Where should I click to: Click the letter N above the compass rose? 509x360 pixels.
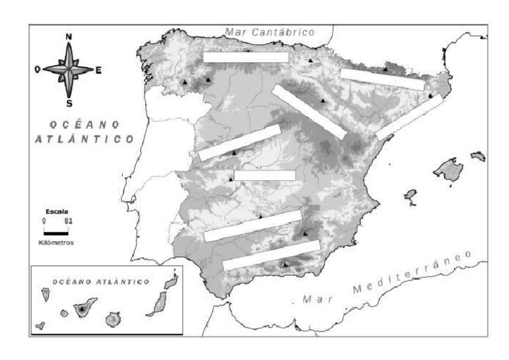[70, 36]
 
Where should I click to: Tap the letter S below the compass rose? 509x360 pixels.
[70, 103]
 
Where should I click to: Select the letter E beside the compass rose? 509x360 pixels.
[99, 70]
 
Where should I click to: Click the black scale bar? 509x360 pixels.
[56, 233]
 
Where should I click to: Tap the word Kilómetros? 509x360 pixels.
[56, 243]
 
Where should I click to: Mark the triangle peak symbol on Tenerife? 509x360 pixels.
[82, 308]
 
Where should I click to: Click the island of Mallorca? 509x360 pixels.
[448, 169]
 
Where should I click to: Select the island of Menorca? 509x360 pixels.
[478, 156]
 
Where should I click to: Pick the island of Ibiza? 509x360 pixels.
[410, 195]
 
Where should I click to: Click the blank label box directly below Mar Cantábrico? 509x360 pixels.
[245, 58]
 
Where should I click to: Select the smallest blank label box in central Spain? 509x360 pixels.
[264, 175]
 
